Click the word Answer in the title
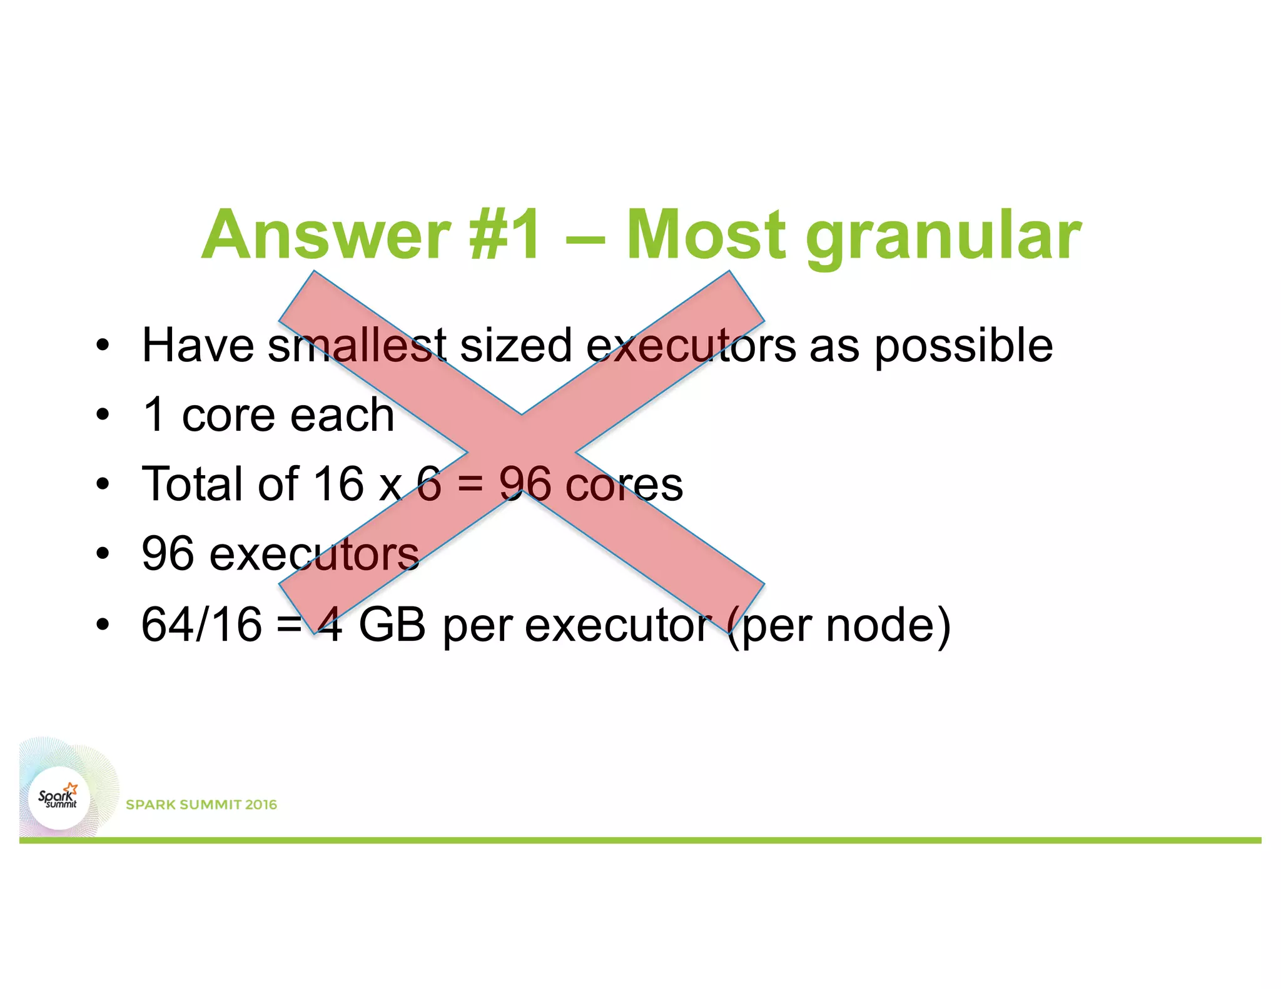coord(325,235)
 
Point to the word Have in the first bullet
coord(198,345)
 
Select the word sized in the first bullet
coord(516,345)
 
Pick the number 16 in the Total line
coord(338,484)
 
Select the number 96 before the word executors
coord(168,554)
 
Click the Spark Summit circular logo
coord(59,798)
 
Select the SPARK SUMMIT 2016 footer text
coord(201,805)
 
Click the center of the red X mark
coord(521,452)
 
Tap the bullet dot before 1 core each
coord(103,415)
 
